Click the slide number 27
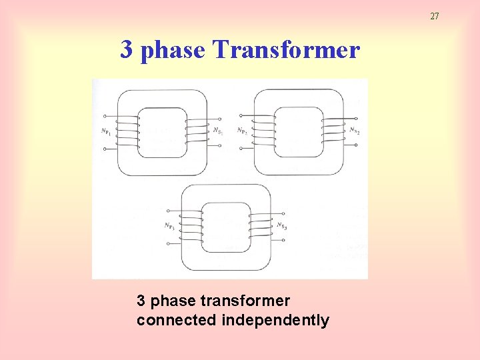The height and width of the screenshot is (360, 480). pyautogui.click(x=434, y=16)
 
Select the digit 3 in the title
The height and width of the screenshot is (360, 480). pyautogui.click(x=125, y=49)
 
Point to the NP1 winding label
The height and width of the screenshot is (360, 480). pyautogui.click(x=106, y=131)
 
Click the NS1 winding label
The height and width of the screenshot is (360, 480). pyautogui.click(x=218, y=131)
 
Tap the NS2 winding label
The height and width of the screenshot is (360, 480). pyautogui.click(x=355, y=131)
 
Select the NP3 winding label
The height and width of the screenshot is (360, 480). pyautogui.click(x=170, y=226)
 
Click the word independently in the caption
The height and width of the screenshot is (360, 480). pyautogui.click(x=275, y=321)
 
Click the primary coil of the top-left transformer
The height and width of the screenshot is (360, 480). pyautogui.click(x=127, y=132)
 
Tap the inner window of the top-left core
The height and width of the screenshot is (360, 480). pyautogui.click(x=162, y=132)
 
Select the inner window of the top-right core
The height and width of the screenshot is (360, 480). pyautogui.click(x=299, y=131)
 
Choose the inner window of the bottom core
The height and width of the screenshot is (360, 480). pyautogui.click(x=226, y=227)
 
